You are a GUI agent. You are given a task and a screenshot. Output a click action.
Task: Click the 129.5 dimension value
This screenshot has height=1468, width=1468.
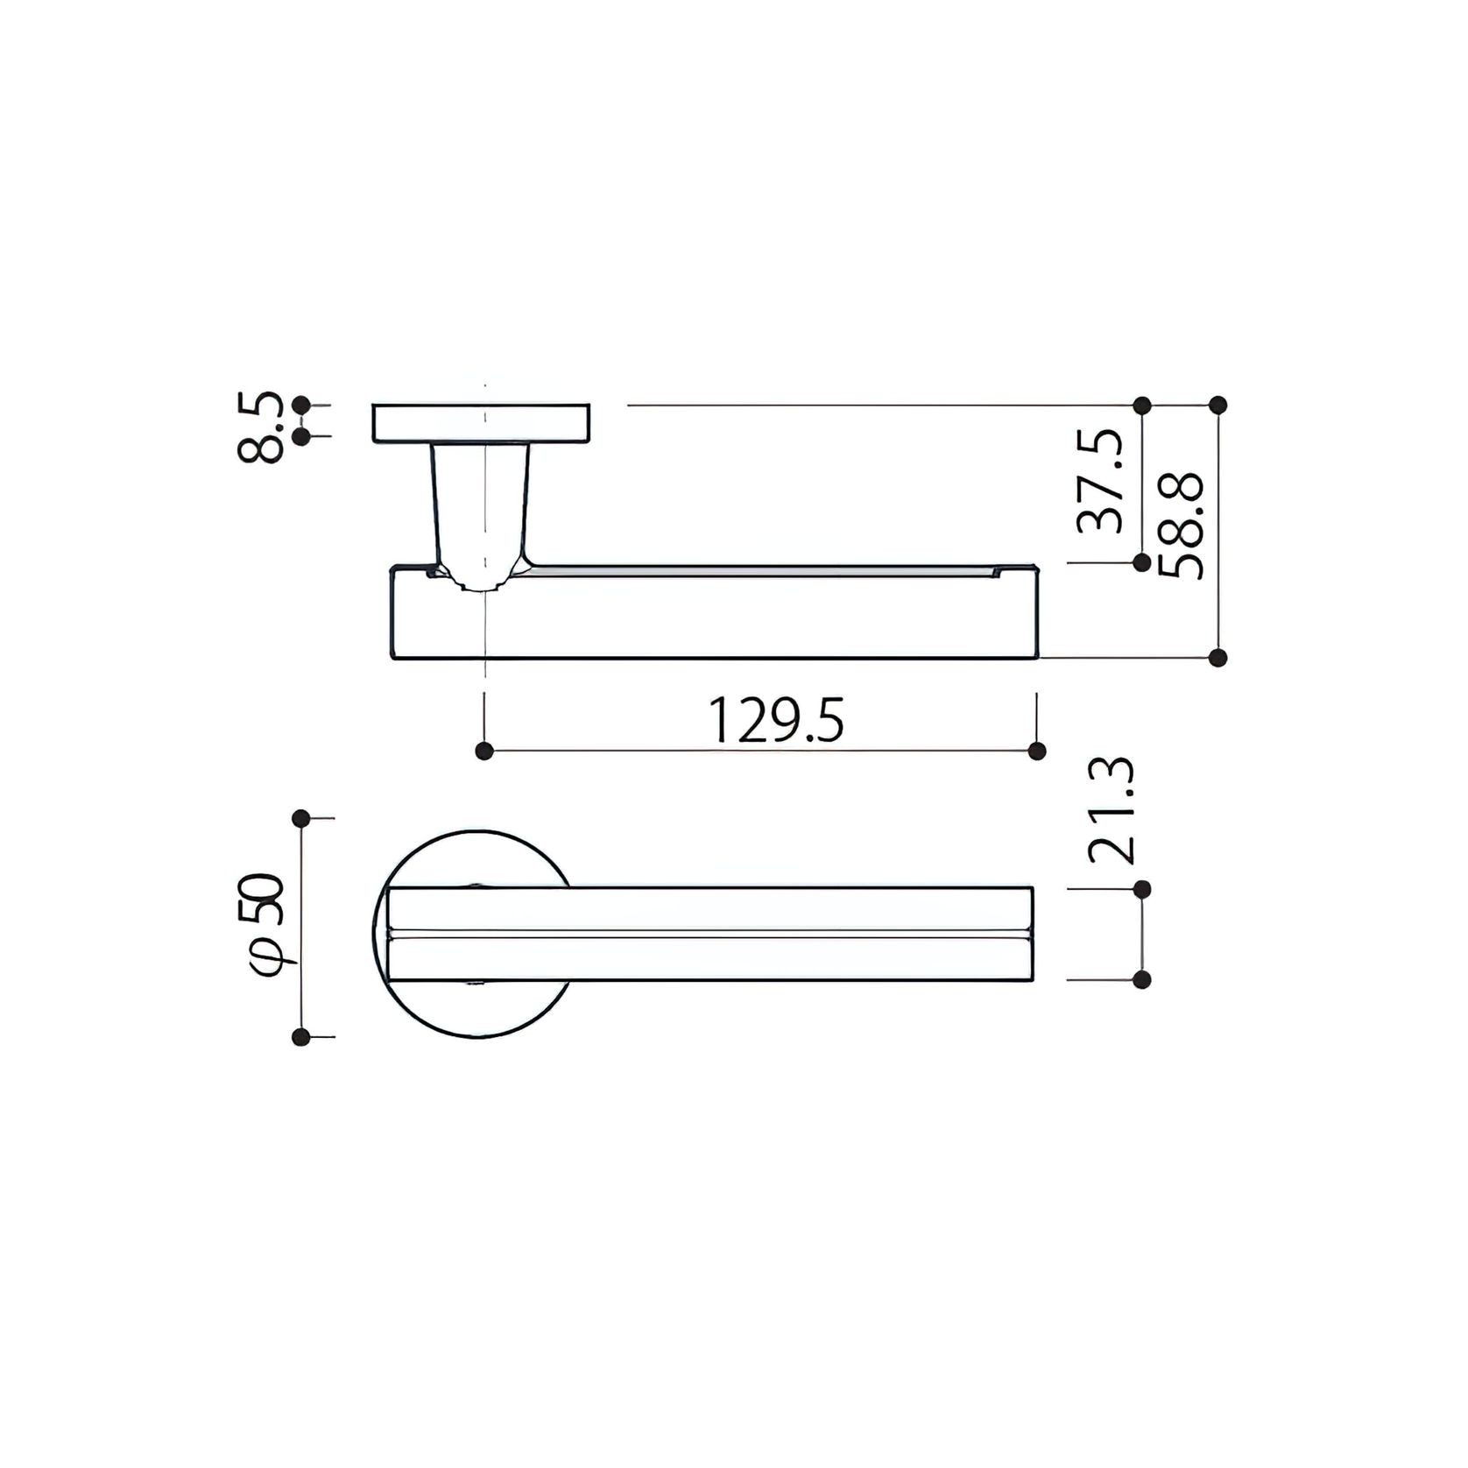(775, 720)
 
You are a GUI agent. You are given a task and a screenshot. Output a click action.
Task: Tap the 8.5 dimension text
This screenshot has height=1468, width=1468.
(260, 427)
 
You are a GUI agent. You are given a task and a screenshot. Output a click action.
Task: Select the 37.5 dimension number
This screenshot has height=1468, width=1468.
(1100, 481)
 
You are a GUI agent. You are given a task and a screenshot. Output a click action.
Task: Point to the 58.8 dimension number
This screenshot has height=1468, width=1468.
(1182, 526)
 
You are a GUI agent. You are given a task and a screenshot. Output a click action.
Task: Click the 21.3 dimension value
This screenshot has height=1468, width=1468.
(1111, 810)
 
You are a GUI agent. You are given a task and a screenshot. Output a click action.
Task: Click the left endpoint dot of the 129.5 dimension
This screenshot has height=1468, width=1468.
(484, 751)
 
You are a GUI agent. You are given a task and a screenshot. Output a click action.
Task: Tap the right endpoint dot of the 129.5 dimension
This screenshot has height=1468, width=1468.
(1037, 751)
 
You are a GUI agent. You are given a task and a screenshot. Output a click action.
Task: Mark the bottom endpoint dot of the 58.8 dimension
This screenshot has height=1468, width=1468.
(1217, 658)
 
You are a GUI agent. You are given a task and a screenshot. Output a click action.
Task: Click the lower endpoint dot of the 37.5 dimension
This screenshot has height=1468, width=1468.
(1141, 563)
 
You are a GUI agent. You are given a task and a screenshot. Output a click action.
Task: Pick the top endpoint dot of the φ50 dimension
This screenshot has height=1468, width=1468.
(301, 818)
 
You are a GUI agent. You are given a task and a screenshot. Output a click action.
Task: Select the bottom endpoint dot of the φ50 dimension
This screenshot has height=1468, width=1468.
(301, 1038)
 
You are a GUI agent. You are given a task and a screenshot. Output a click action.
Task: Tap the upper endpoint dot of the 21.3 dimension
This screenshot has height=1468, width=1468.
(1141, 889)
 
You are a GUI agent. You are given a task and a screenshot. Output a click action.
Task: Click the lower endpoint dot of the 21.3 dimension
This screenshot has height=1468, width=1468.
(1141, 980)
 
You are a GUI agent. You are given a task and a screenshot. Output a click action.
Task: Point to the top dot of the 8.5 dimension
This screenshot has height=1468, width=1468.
(301, 405)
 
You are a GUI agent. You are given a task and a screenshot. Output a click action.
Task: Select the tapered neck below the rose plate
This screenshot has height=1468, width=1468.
(481, 508)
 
